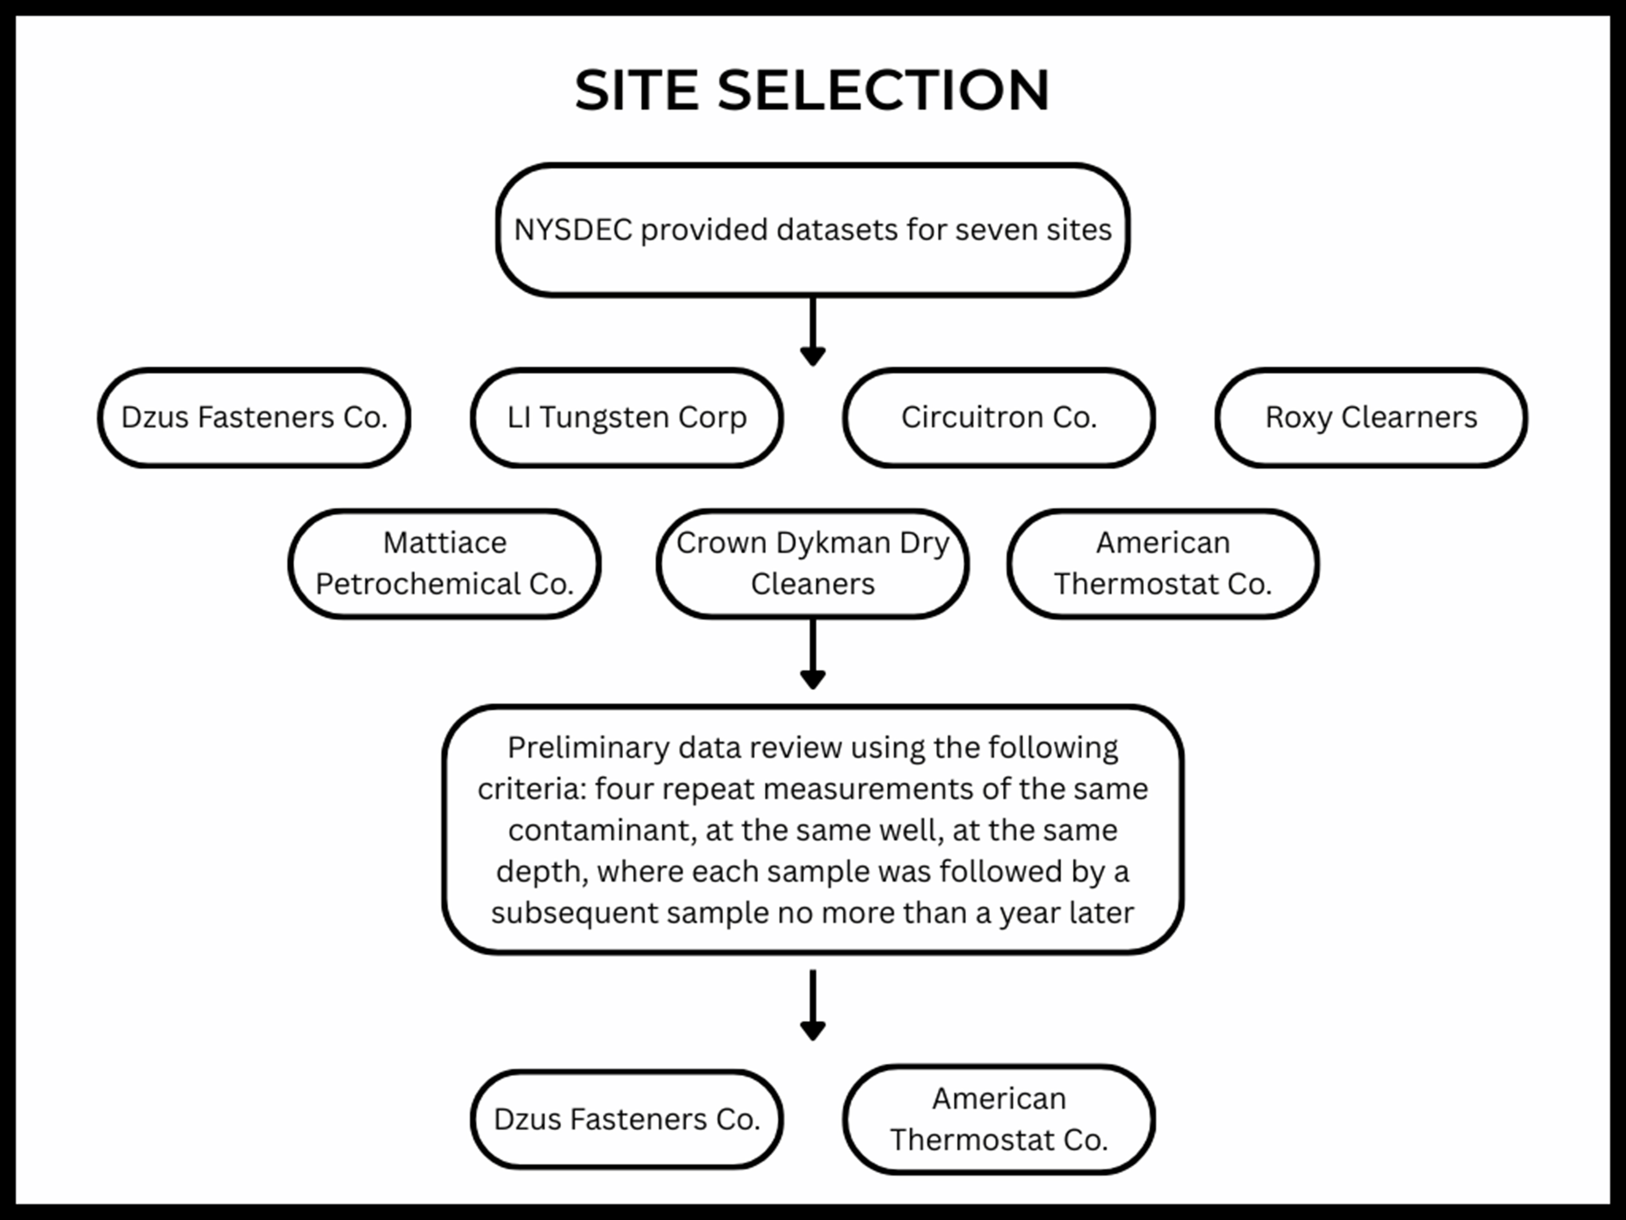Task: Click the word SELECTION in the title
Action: [x=883, y=90]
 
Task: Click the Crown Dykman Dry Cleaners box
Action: [x=812, y=563]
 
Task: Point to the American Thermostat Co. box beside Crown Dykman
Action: [x=1163, y=563]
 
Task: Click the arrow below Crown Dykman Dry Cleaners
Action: [x=812, y=654]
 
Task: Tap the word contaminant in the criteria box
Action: [x=601, y=830]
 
